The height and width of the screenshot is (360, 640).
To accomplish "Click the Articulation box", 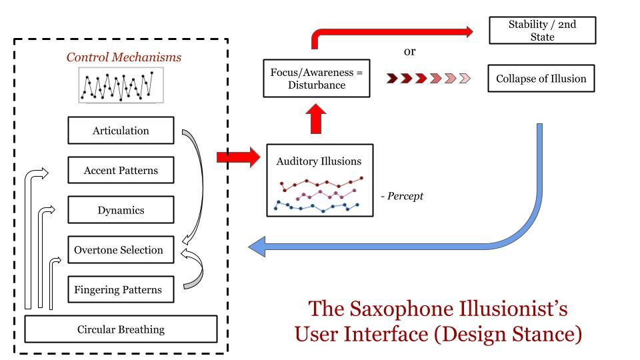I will point(121,130).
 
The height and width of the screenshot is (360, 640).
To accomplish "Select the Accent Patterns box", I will point(121,171).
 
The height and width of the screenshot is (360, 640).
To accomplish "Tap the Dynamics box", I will point(121,210).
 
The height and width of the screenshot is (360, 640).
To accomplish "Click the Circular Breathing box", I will point(121,329).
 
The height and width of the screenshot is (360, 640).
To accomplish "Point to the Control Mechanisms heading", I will point(123,57).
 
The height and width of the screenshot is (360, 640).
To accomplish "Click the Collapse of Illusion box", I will point(541,79).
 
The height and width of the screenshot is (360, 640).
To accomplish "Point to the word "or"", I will point(411,51).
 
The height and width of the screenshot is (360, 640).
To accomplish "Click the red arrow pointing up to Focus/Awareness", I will point(317,119).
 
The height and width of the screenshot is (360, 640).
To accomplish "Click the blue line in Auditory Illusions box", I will point(317,207).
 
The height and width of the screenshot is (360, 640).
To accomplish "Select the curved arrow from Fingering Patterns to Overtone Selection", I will point(195,270).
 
